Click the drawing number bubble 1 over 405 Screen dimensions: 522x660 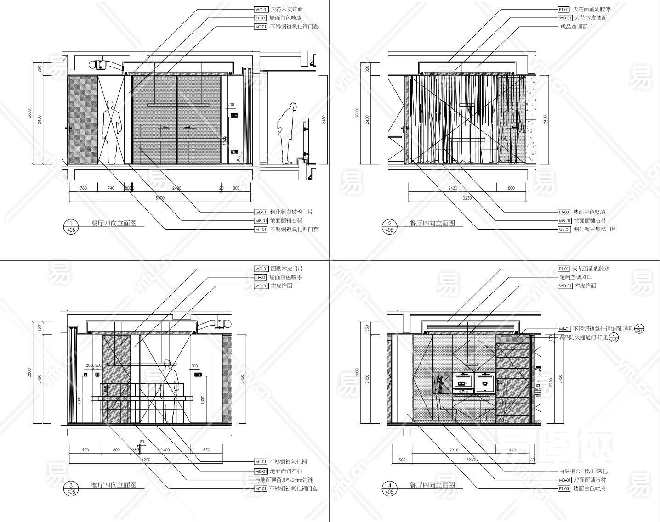click(70, 226)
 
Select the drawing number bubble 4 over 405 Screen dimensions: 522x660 click(389, 488)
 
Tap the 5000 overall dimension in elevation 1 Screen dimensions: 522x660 click(159, 198)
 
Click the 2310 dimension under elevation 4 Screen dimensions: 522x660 click(453, 450)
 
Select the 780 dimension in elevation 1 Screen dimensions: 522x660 click(83, 188)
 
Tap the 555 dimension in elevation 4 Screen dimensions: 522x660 click(402, 460)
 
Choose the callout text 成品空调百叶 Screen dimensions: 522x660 click(576, 27)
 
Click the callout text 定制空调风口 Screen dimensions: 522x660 click(575, 277)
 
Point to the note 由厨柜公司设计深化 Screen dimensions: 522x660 click(583, 471)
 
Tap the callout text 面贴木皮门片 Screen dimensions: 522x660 click(286, 269)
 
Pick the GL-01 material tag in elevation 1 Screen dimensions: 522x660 click(261, 212)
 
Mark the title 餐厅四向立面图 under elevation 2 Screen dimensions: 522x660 click(432, 223)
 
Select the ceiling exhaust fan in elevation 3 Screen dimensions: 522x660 click(222, 324)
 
